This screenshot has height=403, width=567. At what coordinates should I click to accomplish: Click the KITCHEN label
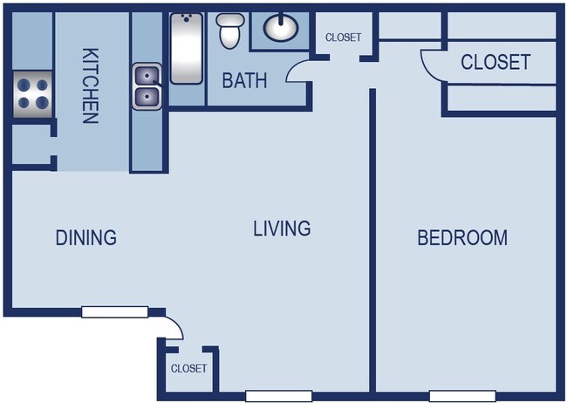[91, 86]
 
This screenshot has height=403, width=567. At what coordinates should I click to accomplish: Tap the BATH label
[244, 80]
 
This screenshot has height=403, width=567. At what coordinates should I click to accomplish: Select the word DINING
[86, 237]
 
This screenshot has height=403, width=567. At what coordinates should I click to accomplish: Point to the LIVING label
[282, 229]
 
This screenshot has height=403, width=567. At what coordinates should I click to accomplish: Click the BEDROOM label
[462, 237]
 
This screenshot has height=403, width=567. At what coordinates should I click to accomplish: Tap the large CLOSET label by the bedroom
[495, 62]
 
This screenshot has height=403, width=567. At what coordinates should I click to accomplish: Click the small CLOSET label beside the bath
[343, 38]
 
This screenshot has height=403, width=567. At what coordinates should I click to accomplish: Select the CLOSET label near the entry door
[188, 368]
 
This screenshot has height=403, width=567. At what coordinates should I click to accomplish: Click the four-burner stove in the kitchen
[32, 94]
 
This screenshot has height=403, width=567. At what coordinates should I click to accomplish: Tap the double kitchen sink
[147, 86]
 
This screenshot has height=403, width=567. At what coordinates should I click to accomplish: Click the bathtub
[187, 49]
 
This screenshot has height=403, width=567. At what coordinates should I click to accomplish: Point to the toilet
[230, 31]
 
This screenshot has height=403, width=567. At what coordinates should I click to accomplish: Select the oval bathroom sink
[281, 27]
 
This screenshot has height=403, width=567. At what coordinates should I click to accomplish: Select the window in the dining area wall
[114, 311]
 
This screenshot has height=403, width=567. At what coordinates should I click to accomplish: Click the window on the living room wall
[279, 396]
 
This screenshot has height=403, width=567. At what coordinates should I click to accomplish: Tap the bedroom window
[462, 396]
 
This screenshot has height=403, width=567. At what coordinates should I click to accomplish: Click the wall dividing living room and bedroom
[372, 240]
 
